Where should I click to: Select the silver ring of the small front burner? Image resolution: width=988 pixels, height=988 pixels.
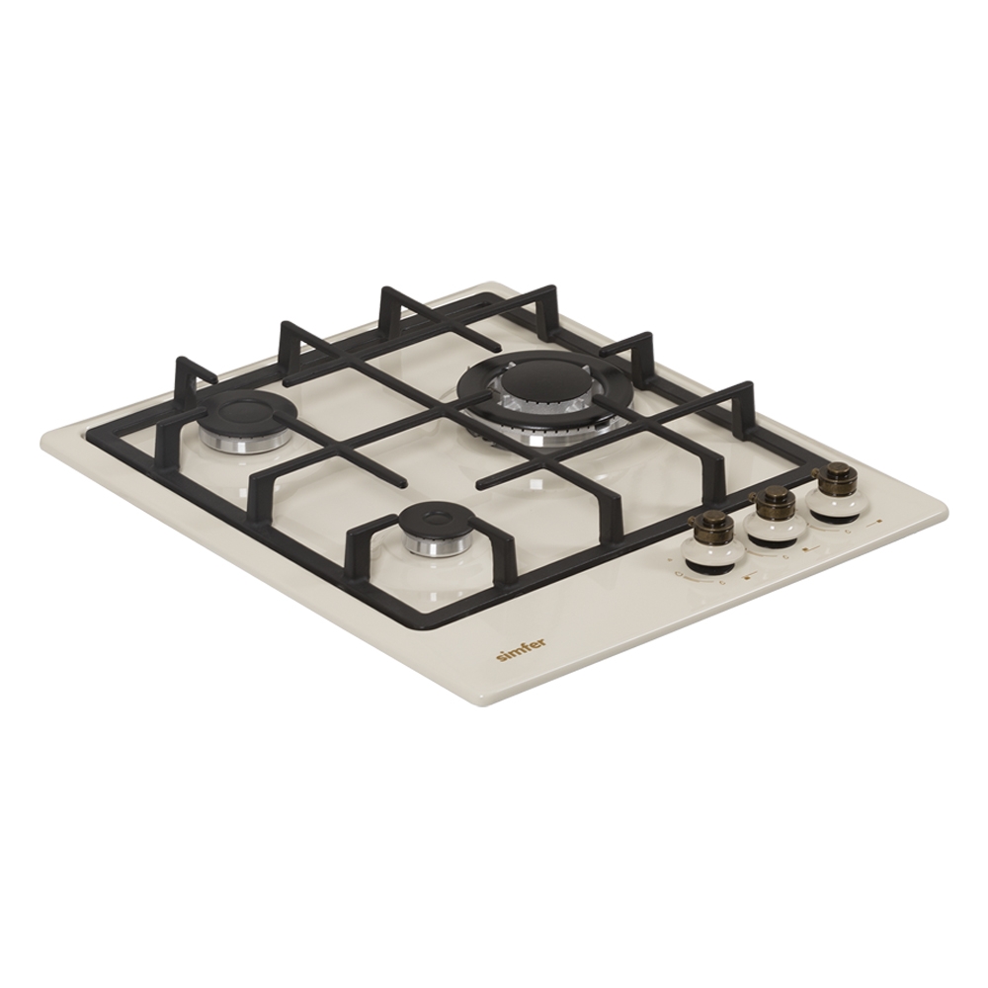(x=429, y=542)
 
